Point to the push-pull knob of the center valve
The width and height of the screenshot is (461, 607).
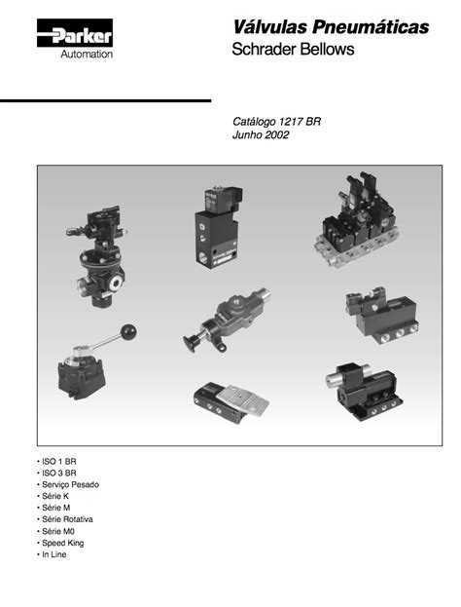point(193,342)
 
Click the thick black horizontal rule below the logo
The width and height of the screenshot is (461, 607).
point(105,100)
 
